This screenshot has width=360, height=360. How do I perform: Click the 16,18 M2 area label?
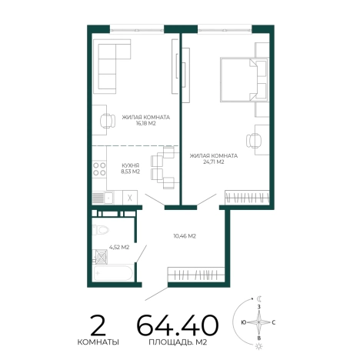click(146, 123)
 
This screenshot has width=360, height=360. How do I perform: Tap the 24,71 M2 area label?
click(214, 162)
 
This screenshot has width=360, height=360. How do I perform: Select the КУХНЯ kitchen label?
click(131, 165)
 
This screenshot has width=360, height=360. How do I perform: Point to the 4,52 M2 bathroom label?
click(119, 248)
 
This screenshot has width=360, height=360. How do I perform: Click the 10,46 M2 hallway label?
click(185, 236)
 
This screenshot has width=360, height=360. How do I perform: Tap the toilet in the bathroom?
click(101, 230)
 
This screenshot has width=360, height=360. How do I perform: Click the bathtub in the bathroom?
click(113, 273)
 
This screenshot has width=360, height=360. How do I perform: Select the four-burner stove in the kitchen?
click(99, 168)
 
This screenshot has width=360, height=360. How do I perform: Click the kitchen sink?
click(109, 198)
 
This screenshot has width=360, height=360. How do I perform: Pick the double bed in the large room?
click(244, 79)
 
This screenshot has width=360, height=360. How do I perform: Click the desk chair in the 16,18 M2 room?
click(108, 121)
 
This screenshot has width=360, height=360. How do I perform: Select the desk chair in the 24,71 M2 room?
click(254, 141)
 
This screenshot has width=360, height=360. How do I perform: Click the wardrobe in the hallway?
click(196, 275)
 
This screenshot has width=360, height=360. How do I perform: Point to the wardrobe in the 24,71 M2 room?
click(247, 198)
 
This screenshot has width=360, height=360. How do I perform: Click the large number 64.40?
click(178, 325)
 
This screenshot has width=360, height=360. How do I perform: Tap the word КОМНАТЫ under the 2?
click(98, 342)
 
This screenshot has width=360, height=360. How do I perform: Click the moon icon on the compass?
click(259, 298)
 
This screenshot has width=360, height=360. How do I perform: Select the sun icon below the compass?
click(259, 346)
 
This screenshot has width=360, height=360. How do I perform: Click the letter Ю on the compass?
click(244, 322)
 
